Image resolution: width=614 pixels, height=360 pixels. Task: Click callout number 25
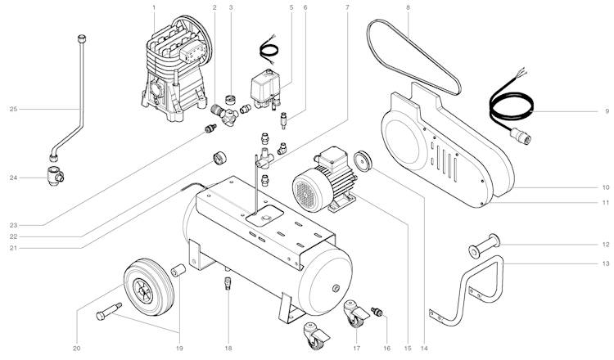click(x=13, y=109)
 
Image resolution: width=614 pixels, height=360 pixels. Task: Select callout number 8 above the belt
click(x=407, y=8)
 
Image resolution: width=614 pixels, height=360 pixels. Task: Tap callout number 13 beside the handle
click(x=607, y=263)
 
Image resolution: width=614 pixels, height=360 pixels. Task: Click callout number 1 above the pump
click(x=154, y=8)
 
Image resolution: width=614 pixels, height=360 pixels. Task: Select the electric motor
click(x=324, y=180)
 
